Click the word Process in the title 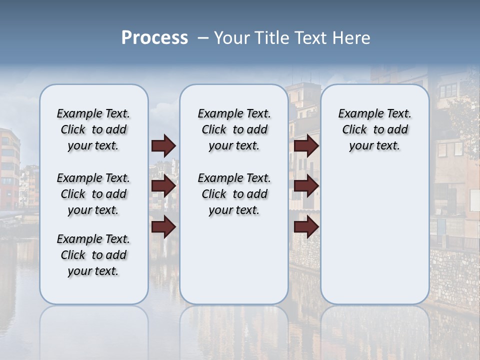click(x=154, y=38)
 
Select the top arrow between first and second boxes click(x=163, y=145)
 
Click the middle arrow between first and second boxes click(x=163, y=186)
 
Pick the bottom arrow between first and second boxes click(x=163, y=227)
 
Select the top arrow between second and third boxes click(x=306, y=145)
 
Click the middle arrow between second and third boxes click(x=306, y=186)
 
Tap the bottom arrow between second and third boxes click(x=306, y=227)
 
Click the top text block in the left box click(x=93, y=129)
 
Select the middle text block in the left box click(x=93, y=194)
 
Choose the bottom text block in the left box click(x=93, y=255)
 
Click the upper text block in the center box click(x=234, y=129)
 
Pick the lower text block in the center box click(x=234, y=194)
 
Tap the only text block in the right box click(x=374, y=129)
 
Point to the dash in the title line click(x=202, y=38)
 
